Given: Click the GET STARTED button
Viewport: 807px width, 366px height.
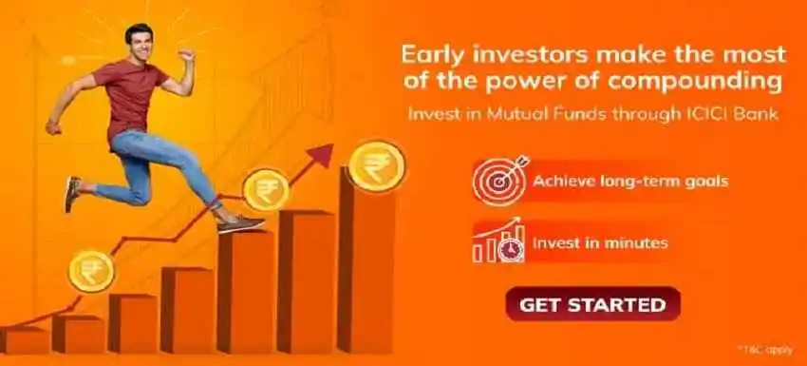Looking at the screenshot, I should [592, 305].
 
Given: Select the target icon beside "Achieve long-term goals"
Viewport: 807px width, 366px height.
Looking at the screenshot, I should [496, 180].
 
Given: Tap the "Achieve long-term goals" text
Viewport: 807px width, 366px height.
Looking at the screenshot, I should [630, 181].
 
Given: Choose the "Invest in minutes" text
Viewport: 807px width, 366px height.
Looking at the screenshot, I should [599, 243].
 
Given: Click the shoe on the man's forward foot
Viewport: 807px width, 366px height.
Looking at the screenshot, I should [240, 224].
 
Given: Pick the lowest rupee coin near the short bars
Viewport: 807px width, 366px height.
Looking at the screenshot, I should [91, 269].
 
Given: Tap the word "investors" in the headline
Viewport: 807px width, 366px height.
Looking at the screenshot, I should [530, 52].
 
